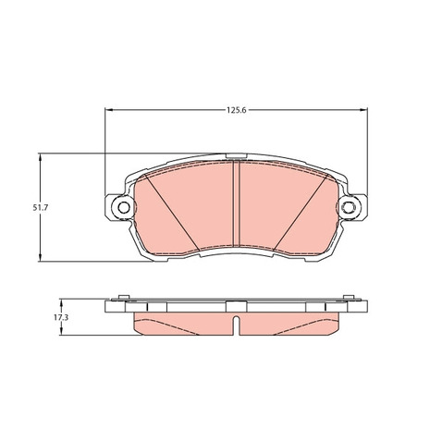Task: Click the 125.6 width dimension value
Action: tap(237, 110)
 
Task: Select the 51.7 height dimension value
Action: tap(41, 208)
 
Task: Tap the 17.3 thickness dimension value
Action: tap(61, 317)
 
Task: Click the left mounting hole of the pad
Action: tap(124, 207)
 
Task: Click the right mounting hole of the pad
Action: tap(349, 207)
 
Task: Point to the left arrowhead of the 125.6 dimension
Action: tap(108, 110)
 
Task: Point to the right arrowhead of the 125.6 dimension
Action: tap(364, 110)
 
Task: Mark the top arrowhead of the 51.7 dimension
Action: tap(40, 157)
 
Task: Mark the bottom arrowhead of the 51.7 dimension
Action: tap(40, 258)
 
